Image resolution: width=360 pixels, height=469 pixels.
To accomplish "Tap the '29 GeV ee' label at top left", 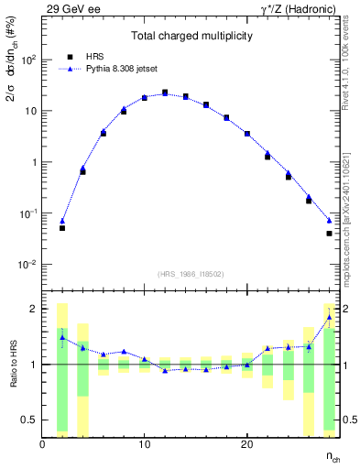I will pos(71,8).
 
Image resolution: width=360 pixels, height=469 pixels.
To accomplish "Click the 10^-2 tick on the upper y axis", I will pos(27,264).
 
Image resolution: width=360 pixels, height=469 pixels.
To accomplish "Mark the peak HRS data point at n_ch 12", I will pos(165,93).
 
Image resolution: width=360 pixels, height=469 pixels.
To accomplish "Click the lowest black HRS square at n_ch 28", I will pos(329,234).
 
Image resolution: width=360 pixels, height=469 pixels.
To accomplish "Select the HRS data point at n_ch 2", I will pos(62,228).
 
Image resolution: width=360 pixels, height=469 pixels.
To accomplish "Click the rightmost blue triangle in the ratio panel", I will pos(329,317).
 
